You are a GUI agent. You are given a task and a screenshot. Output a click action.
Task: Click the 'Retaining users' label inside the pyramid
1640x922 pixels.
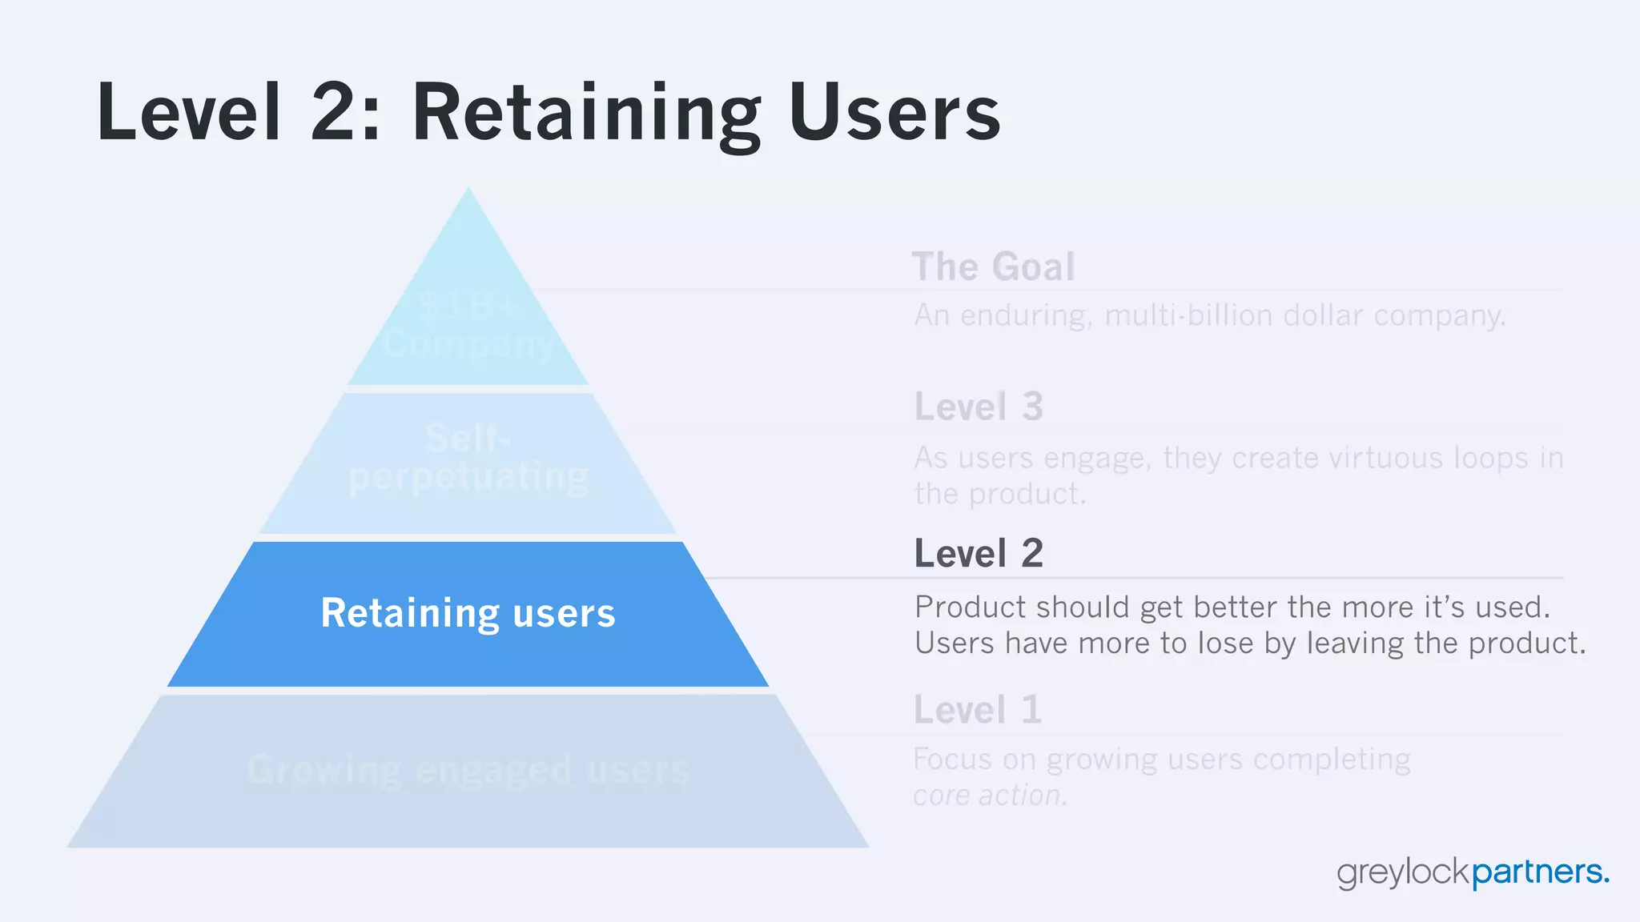coord(468,613)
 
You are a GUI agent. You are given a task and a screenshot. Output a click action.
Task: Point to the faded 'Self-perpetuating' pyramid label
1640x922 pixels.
coord(468,458)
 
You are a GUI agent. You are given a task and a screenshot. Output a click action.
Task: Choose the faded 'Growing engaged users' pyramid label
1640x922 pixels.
coord(468,770)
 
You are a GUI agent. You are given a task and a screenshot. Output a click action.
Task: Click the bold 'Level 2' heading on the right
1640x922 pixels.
coord(979,553)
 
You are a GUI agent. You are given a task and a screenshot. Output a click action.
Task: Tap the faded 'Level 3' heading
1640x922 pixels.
coord(979,407)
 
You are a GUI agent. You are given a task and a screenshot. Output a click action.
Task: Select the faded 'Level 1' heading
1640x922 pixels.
coord(978,710)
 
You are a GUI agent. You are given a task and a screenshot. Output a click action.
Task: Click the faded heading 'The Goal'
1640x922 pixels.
coord(993,267)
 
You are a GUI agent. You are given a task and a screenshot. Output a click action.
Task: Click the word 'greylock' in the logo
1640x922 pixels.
coord(1404,873)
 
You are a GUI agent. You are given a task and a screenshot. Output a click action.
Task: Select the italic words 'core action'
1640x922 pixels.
coord(990,796)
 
